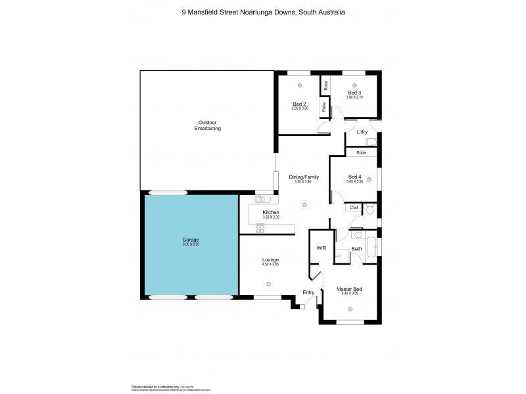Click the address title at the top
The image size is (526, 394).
(263, 12)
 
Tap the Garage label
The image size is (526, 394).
(191, 240)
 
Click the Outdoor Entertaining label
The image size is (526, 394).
(207, 125)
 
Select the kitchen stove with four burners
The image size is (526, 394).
(260, 228)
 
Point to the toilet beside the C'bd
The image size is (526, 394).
(370, 209)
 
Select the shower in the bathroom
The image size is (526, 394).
(341, 255)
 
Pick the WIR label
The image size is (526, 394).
(322, 248)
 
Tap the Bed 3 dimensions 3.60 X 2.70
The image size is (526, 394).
(355, 98)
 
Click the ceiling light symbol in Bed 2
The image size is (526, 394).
(299, 85)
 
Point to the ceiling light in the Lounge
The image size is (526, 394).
(269, 284)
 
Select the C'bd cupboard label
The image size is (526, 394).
(354, 208)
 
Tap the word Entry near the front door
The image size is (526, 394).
(308, 292)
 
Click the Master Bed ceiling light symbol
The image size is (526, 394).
(350, 307)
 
